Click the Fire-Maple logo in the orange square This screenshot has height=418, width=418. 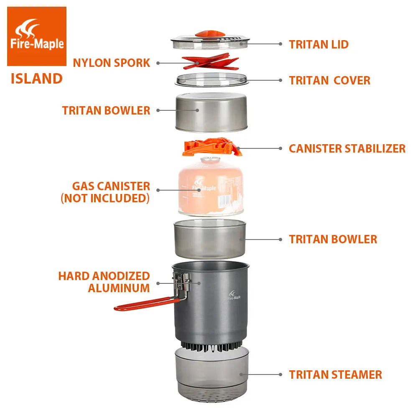click(37, 36)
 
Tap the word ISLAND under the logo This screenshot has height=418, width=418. click(37, 79)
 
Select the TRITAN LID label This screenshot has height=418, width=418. click(319, 44)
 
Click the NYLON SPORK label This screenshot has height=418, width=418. click(111, 63)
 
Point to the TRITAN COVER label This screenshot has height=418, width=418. click(329, 80)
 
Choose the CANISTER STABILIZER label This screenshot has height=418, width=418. click(347, 148)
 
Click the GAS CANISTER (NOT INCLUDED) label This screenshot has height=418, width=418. click(105, 192)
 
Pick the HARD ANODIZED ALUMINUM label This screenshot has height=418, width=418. click(104, 282)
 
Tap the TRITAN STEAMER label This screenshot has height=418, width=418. click(335, 375)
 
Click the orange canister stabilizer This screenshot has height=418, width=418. click(212, 148)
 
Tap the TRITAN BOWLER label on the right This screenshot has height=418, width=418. click(333, 239)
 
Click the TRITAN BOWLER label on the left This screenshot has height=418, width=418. click(106, 110)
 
